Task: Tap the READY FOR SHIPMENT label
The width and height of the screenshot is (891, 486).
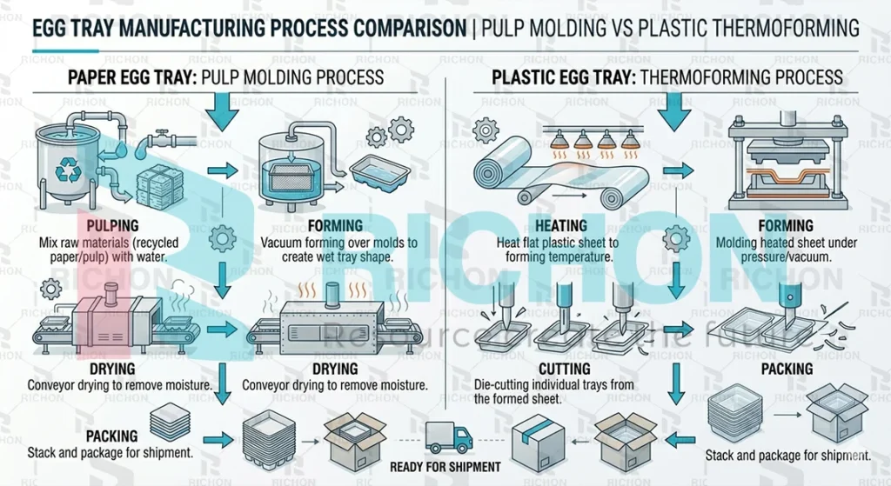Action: [445, 467]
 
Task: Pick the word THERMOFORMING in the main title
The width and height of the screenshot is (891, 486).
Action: [780, 29]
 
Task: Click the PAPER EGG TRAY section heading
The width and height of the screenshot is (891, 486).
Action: [131, 77]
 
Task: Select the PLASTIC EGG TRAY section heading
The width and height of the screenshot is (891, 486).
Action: [562, 77]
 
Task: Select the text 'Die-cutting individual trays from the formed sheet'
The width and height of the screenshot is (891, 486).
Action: [554, 392]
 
